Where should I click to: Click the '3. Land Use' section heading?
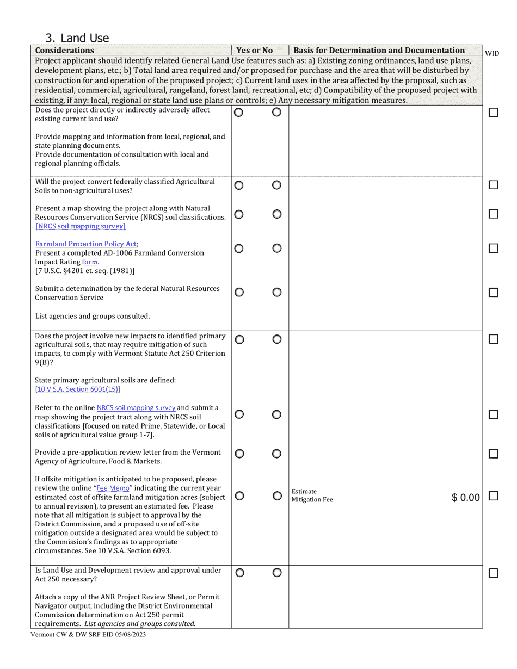coord(77,38)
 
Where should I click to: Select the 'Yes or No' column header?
coord(255,51)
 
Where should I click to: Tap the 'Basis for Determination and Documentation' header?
coord(379,51)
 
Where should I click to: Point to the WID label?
coord(492,53)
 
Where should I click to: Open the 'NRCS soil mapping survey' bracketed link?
coord(81,226)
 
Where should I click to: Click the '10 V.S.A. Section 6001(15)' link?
coord(78,389)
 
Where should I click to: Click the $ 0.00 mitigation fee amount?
coord(466,498)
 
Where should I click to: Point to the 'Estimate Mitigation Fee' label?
coord(312,495)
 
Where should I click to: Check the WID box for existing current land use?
coord(494,113)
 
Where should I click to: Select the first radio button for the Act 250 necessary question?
coord(239,573)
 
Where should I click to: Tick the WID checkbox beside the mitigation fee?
coord(494,496)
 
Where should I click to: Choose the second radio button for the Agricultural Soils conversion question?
coord(277,185)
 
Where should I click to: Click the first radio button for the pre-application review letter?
coord(239,454)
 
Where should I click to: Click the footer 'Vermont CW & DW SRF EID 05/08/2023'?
coord(88,634)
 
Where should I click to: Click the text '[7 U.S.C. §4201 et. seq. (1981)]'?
coord(85,270)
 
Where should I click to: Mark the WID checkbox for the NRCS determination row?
coord(494,293)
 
